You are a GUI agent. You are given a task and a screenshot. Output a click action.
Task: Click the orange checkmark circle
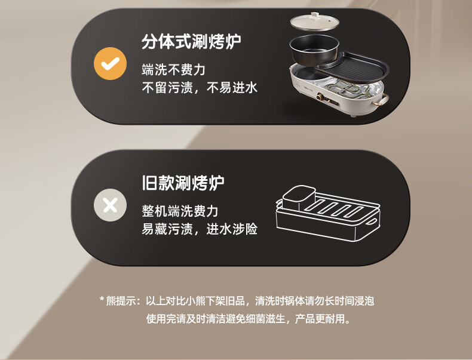coord(110,63)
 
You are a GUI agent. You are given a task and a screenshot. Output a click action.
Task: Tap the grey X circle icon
coord(110,205)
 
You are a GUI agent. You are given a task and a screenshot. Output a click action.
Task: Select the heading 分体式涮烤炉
coord(191,42)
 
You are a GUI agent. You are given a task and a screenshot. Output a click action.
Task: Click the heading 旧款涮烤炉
coord(183,183)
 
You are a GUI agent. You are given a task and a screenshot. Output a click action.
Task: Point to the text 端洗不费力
coord(174,69)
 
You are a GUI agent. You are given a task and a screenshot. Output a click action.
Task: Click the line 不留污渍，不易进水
coord(200,88)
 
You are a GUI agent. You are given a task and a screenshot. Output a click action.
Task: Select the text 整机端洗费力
coord(180,211)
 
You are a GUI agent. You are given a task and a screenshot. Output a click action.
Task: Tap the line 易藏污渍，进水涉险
coord(200,229)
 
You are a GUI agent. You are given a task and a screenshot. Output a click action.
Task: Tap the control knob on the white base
coord(320,97)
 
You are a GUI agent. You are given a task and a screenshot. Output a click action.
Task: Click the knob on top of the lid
coord(315,15)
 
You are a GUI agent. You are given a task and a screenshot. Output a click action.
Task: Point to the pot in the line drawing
coord(299,197)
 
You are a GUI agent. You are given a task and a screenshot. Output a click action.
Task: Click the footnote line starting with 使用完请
coord(249,318)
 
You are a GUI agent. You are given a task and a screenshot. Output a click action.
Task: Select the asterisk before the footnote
coord(102,299)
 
